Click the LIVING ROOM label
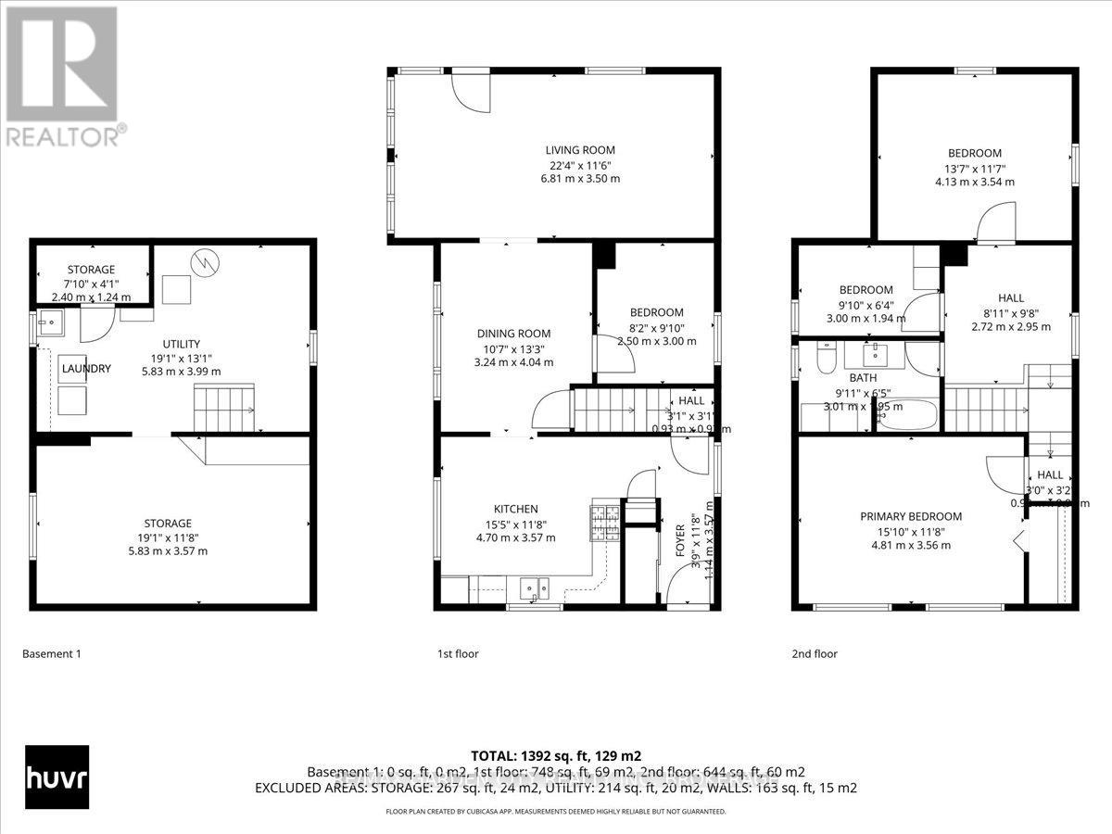pos(579,150)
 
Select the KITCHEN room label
pos(515,509)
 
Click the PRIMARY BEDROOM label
pos(910,516)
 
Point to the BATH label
pos(837,378)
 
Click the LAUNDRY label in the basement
pos(86,369)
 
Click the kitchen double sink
pos(534,587)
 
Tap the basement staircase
pos(222,410)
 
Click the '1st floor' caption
pos(458,654)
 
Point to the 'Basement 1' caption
pos(51,654)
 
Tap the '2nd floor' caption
pos(814,654)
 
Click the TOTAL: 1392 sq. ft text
pos(555,755)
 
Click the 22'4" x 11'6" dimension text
pos(579,164)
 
